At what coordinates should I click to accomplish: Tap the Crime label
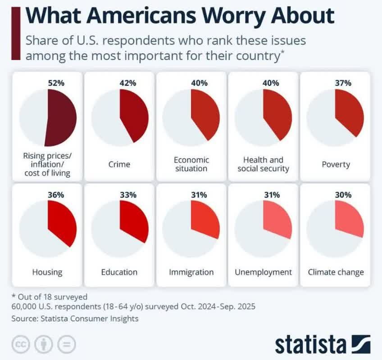119,164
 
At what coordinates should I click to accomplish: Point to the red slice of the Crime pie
132,115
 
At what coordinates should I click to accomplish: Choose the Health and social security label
263,164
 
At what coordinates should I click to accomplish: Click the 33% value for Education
128,195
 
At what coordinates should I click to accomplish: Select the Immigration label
191,272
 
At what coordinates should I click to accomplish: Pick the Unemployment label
263,272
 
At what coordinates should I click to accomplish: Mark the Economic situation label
191,164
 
